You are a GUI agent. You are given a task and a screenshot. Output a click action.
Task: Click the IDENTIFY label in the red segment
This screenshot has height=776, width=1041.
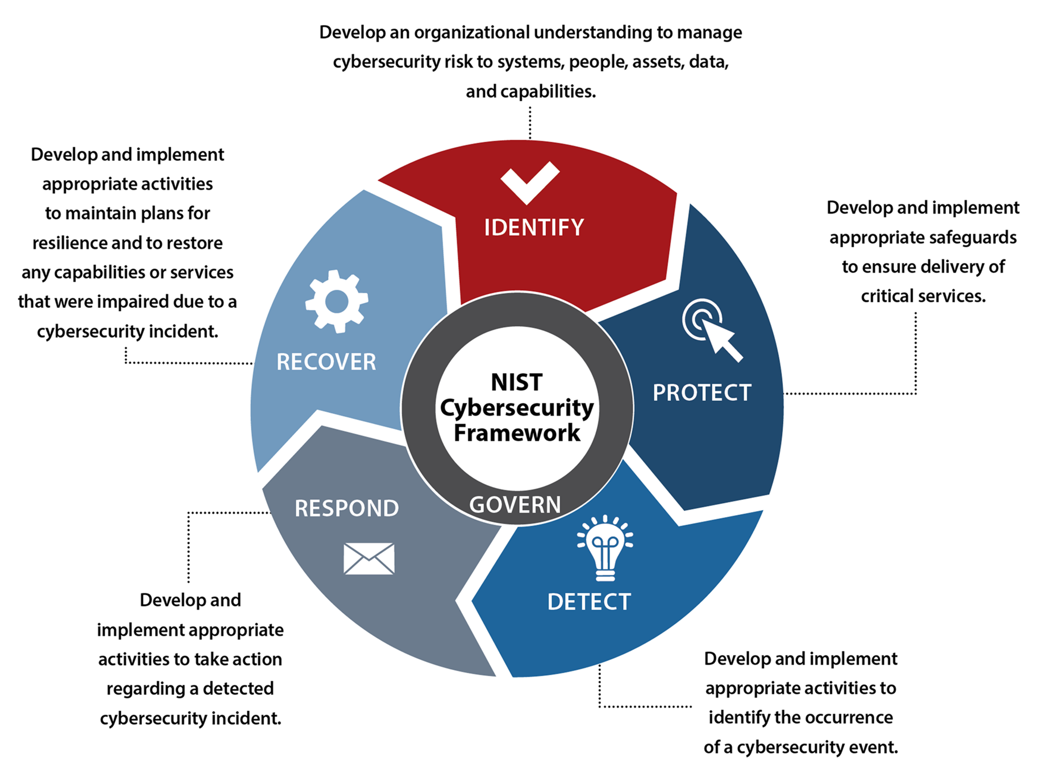534,227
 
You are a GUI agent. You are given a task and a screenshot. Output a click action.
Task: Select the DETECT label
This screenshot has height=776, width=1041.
589,602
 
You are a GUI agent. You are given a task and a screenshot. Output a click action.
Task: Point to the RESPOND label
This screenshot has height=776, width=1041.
346,508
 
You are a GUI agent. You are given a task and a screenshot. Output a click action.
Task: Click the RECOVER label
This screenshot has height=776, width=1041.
326,362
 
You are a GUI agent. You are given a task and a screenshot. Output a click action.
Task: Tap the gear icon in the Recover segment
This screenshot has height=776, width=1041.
336,302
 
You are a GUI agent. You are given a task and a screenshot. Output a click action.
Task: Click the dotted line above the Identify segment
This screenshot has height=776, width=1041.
530,122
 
